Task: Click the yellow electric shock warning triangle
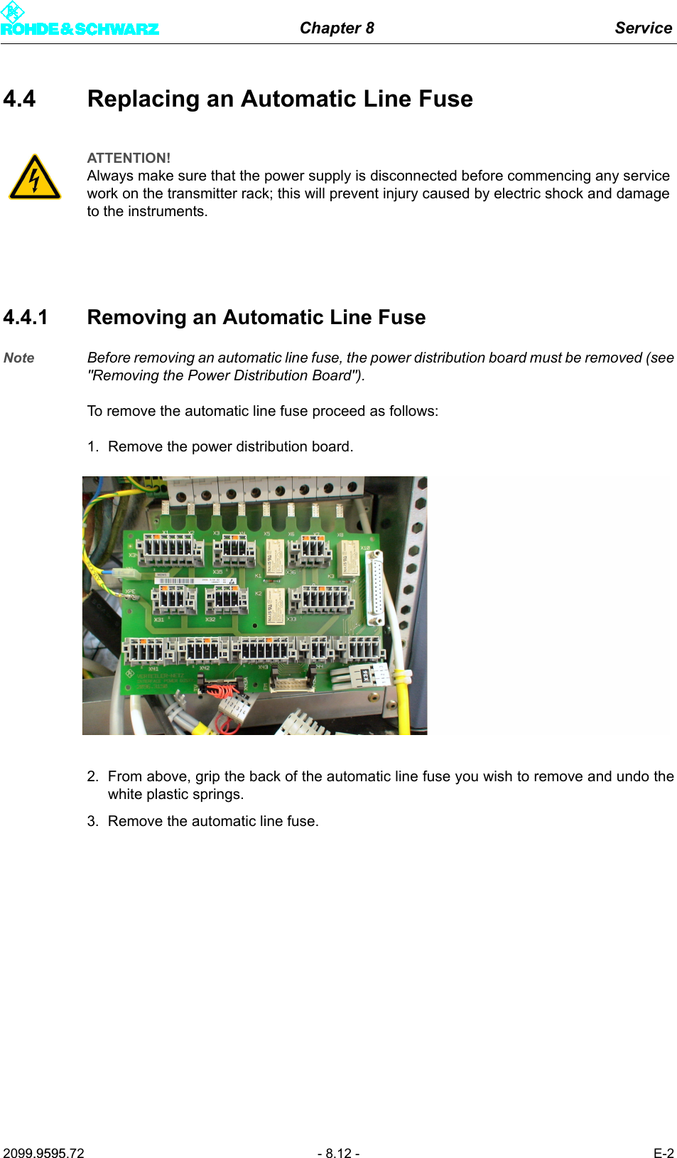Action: click(x=34, y=178)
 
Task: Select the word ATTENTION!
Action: click(x=129, y=158)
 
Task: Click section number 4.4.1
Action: click(x=26, y=317)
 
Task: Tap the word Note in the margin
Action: click(x=19, y=358)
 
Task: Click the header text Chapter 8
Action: click(x=337, y=28)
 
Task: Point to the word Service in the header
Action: click(x=643, y=28)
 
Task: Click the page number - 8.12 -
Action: click(x=338, y=1153)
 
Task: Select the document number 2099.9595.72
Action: click(x=43, y=1153)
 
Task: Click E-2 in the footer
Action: click(x=663, y=1153)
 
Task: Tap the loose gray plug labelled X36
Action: click(x=365, y=675)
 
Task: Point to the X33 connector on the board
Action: click(x=325, y=599)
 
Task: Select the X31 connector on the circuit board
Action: click(x=173, y=601)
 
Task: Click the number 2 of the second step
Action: click(x=92, y=776)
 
